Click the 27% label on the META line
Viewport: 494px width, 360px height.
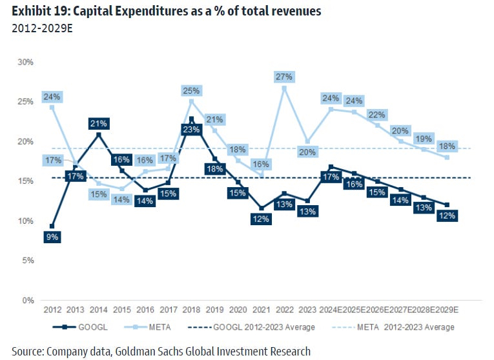coord(284,77)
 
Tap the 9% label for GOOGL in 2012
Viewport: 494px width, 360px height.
coord(52,237)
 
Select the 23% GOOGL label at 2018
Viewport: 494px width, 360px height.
coord(190,128)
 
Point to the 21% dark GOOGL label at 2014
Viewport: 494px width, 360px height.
coord(99,123)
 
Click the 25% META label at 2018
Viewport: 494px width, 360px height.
coord(192,91)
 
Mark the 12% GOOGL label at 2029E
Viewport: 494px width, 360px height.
coord(447,216)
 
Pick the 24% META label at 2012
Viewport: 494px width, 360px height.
coord(52,97)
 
